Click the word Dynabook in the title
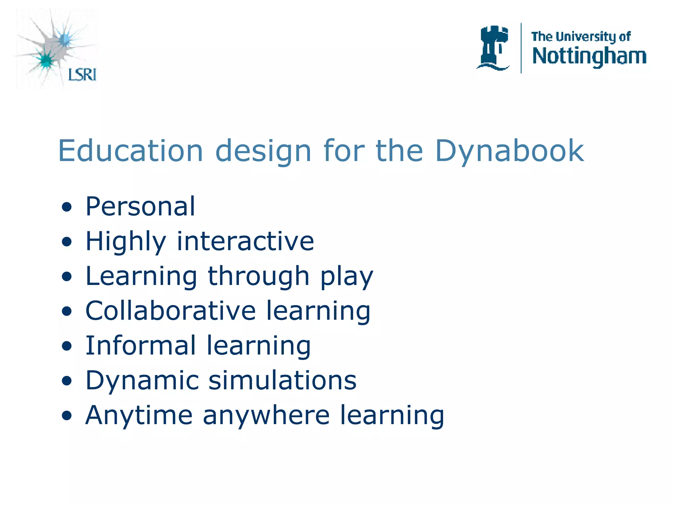tap(509, 151)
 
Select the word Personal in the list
tap(140, 206)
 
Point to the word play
tap(347, 277)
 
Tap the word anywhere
tap(266, 416)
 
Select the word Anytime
tap(139, 415)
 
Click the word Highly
tap(126, 242)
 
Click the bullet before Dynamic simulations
tap(67, 381)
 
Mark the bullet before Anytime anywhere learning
tap(67, 416)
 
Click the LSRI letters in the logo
tap(82, 75)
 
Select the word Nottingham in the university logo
tap(589, 57)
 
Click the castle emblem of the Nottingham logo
tap(493, 48)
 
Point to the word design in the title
tap(263, 151)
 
